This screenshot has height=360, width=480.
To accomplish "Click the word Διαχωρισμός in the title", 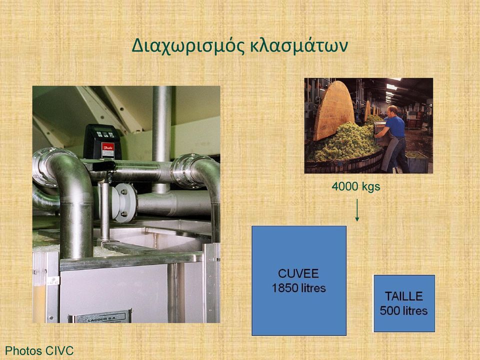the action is [188, 46].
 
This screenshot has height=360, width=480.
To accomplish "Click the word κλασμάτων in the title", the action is [299, 46].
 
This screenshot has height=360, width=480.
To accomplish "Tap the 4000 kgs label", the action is [355, 186].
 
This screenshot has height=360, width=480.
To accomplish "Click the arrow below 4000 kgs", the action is [357, 210].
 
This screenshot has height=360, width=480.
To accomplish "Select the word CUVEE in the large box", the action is [298, 273].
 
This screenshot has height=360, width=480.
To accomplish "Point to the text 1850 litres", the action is [299, 288].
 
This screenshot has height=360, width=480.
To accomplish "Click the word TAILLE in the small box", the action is [404, 296].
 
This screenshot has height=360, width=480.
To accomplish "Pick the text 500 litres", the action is [404, 310].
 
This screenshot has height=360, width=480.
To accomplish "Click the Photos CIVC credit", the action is [39, 351].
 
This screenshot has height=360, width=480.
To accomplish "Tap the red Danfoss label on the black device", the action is [108, 149].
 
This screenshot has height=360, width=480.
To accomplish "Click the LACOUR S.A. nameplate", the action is [100, 317].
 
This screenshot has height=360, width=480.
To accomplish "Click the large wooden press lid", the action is [333, 109].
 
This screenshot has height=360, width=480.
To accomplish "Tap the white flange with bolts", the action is [123, 202].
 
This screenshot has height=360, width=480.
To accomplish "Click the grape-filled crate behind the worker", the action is [417, 161].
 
